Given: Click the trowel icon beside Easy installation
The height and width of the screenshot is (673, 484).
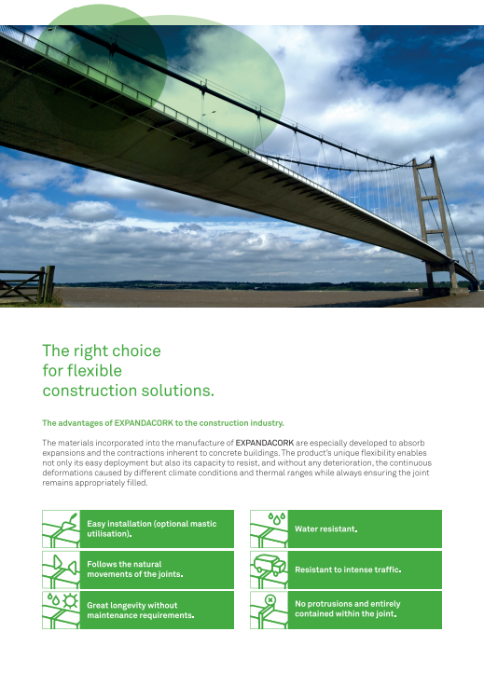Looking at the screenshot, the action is pos(61,529).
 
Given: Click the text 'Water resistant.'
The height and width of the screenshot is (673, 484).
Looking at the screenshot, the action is pos(326,529).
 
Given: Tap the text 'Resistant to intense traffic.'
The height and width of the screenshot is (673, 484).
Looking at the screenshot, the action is pos(348,570).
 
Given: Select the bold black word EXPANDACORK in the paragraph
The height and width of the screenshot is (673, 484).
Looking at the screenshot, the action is pos(265,443).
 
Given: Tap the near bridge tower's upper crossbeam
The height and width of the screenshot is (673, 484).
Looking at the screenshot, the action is pos(430,198).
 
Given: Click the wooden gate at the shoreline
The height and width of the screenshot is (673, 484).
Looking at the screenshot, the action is pos(27,284).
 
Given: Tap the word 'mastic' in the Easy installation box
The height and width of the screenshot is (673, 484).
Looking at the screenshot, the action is pos(202,524).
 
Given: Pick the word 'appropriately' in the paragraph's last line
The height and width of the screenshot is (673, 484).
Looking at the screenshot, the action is pos(98,483).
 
